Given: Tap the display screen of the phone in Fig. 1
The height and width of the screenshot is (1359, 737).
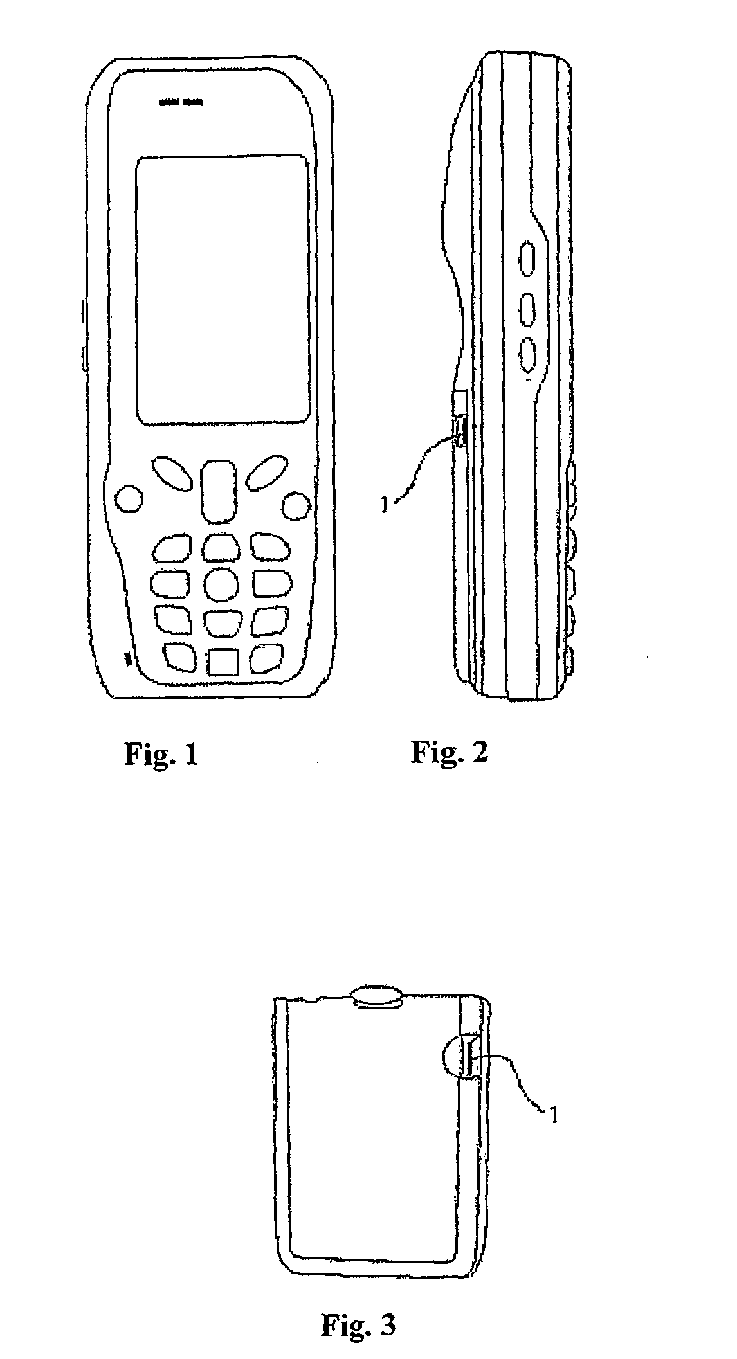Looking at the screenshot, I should point(222,289).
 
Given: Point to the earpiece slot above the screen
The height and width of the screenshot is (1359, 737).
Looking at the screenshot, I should point(180,102).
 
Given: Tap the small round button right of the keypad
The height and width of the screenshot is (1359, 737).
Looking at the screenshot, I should point(296,505).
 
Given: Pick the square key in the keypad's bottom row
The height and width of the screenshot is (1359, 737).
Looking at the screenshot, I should point(223,661).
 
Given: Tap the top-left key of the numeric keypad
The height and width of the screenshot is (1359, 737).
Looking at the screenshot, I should point(172,546).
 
